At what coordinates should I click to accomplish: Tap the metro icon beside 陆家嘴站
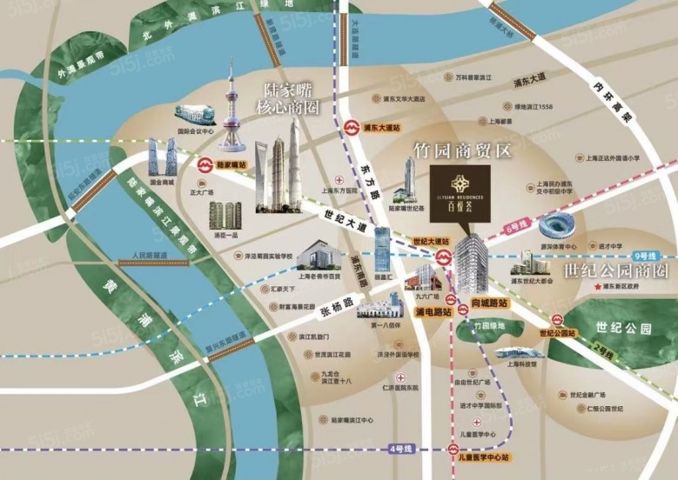pyautogui.click(x=205, y=163)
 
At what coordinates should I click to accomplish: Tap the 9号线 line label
pyautogui.click(x=647, y=256)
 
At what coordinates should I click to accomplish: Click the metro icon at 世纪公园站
pyautogui.click(x=557, y=319)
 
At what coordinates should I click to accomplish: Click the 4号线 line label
pyautogui.click(x=399, y=448)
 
